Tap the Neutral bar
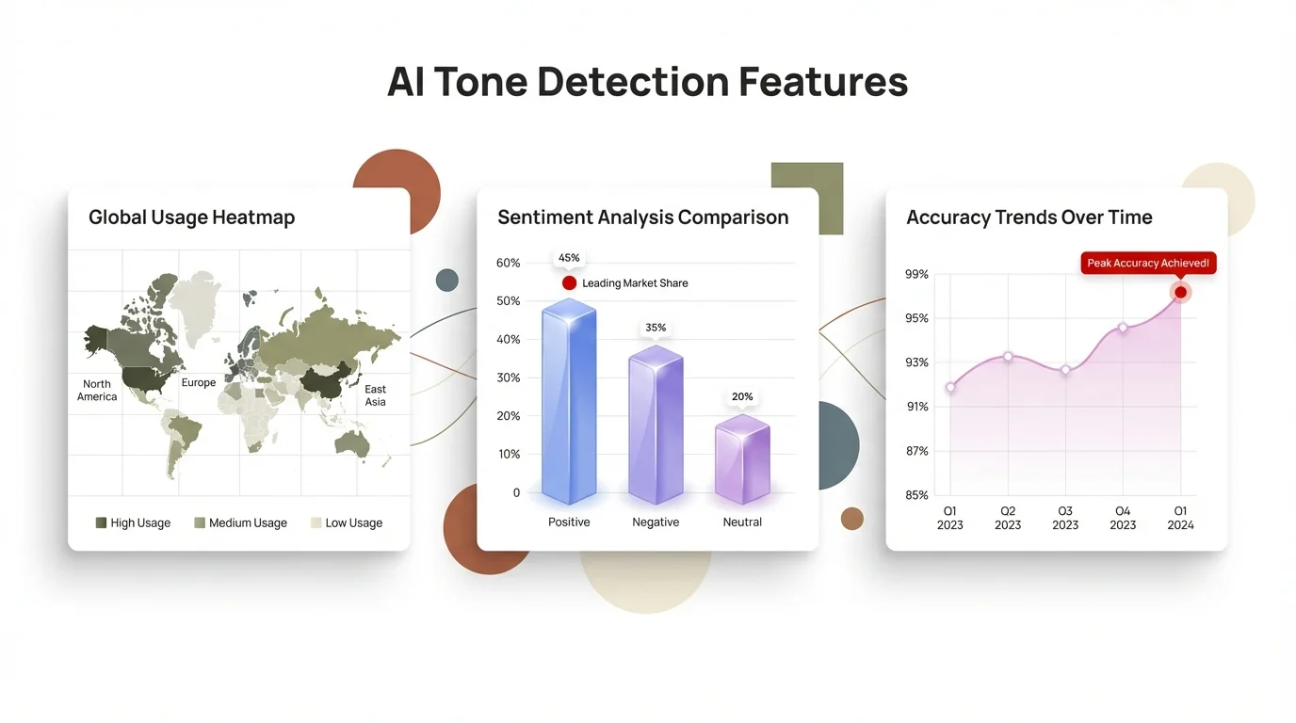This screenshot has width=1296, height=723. click(742, 460)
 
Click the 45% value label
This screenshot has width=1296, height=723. click(569, 258)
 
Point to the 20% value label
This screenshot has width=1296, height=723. click(742, 397)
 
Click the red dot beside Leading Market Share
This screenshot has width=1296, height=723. click(569, 283)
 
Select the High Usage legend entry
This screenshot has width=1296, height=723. click(133, 522)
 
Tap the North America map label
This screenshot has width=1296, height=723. click(97, 391)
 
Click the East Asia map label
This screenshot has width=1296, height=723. click(375, 395)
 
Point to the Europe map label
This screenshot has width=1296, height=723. click(199, 383)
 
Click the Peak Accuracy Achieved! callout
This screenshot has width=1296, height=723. click(1148, 264)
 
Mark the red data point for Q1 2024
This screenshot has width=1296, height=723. click(1180, 293)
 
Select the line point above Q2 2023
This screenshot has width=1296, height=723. click(1008, 357)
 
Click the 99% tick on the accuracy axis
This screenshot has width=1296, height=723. click(916, 275)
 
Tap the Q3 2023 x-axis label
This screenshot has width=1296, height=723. click(1065, 518)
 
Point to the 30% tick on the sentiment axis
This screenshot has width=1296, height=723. click(508, 378)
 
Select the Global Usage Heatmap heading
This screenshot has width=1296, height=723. click(191, 217)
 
